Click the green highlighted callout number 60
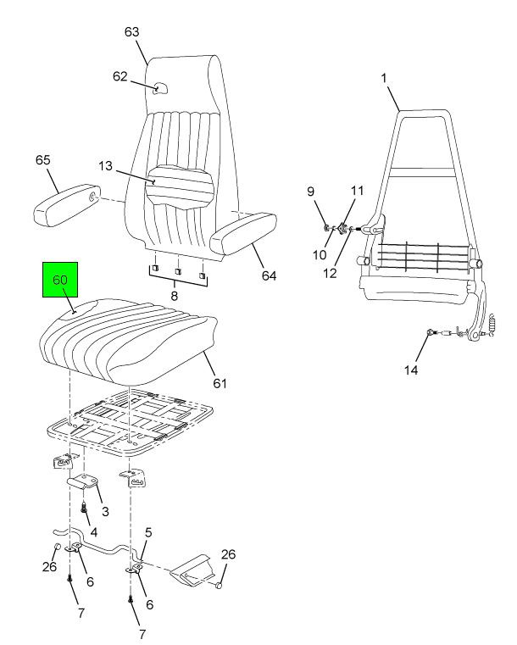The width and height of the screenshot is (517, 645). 60,280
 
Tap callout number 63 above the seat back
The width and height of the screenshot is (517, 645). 131,31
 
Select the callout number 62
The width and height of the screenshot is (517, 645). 120,76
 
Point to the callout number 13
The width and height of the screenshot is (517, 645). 105,166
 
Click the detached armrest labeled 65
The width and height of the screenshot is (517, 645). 66,204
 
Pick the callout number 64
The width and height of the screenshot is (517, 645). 269,275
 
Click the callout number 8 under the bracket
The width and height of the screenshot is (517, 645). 175,296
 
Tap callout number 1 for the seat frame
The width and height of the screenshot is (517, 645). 384,78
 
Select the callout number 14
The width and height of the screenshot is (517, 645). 411,370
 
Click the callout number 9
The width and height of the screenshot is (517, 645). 311,192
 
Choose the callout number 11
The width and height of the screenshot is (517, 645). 357,191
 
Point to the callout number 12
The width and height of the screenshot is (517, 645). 330,273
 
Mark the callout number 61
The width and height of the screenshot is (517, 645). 220,383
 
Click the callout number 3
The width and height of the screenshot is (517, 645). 105,511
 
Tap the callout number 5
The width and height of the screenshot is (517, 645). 148,533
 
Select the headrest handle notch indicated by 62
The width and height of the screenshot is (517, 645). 159,88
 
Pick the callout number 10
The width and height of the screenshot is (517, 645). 320,255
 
